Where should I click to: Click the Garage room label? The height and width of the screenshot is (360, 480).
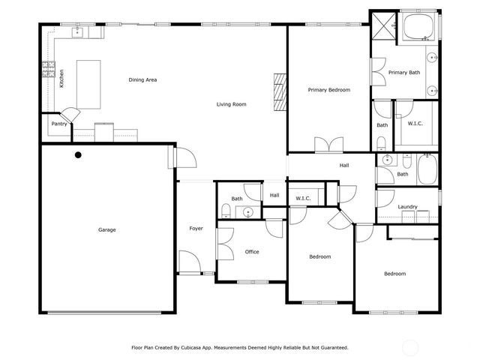pos(106,229)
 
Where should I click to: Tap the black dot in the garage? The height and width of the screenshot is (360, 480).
pos(78,155)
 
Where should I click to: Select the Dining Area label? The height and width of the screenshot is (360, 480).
pos(142,79)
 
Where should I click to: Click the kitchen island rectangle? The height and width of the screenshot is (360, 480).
pos(88,84)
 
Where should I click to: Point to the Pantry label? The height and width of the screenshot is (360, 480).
pos(59,124)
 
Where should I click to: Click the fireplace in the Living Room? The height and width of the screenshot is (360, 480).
pos(280,92)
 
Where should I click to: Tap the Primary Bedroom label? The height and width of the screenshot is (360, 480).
pos(329,90)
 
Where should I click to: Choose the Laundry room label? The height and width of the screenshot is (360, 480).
pos(407,207)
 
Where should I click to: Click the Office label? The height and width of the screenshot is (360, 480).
pos(252,252)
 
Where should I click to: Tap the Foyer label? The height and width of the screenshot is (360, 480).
pos(196,229)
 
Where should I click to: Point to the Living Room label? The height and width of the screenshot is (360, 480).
pos(231,104)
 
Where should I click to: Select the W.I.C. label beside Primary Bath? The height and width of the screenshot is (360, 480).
pos(415,124)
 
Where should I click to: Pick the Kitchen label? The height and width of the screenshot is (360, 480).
pos(62,78)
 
